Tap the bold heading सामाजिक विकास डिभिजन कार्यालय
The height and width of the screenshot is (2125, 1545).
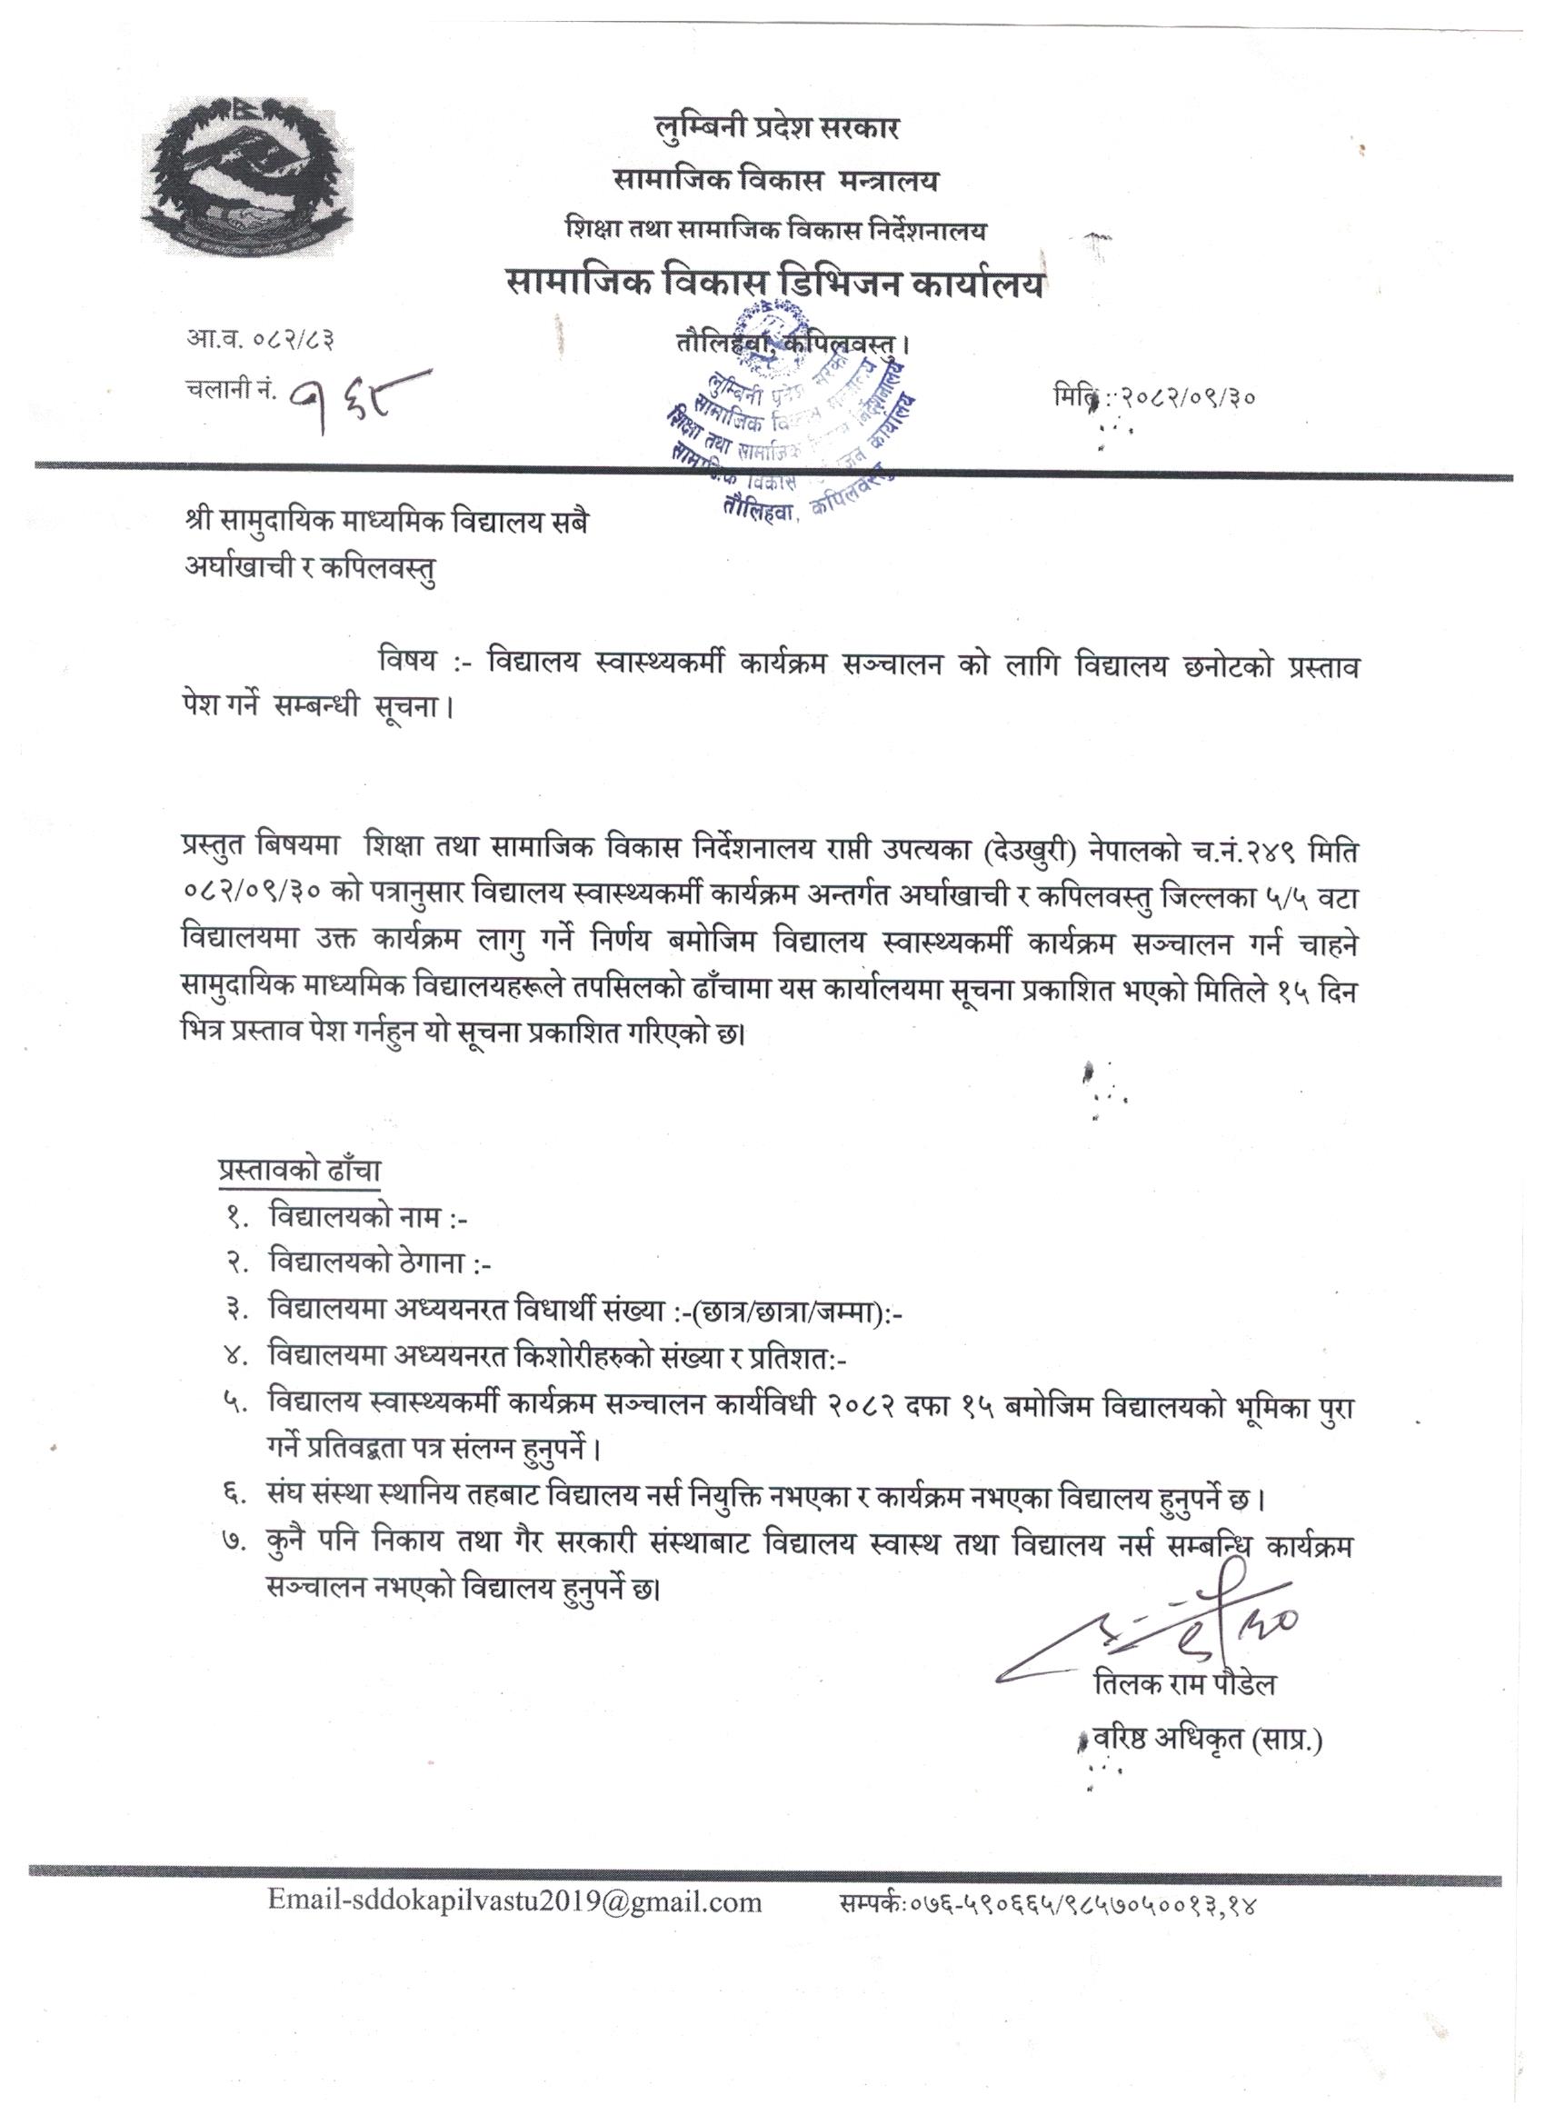point(775,284)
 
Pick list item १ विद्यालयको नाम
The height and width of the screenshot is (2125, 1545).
point(367,1217)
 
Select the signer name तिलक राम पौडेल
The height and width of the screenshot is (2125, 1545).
point(1184,1686)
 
